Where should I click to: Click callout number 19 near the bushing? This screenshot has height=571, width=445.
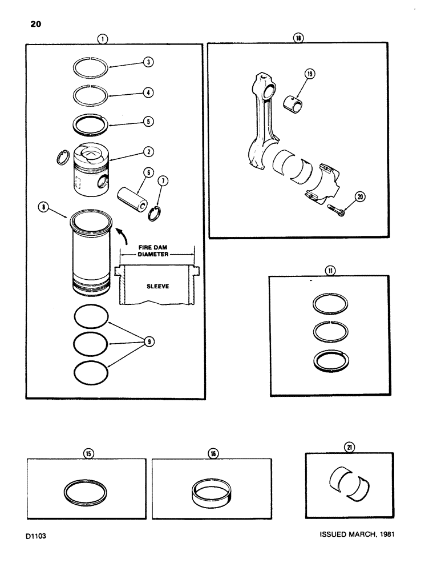310,74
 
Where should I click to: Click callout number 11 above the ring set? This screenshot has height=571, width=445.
329,271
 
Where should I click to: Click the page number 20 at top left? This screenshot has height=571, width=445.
32,25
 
